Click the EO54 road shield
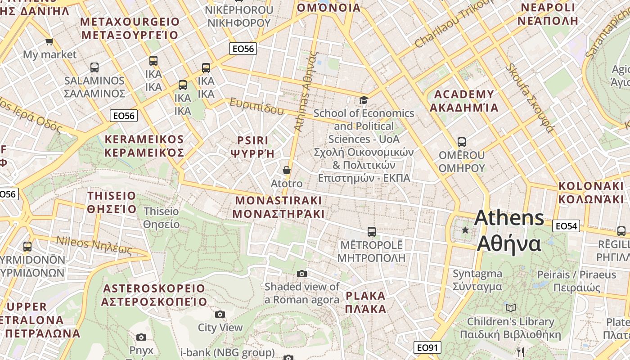tap(566, 226)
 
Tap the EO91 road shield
tap(427, 347)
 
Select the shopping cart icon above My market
tap(49, 41)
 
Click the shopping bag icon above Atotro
tap(286, 170)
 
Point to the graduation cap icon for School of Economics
tap(364, 100)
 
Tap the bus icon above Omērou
tap(461, 142)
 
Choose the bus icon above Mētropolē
tap(371, 232)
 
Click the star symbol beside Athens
tap(465, 230)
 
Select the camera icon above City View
tap(220, 314)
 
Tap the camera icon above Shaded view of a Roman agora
tap(302, 274)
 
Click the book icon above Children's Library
tap(510, 308)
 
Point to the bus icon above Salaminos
tap(94, 67)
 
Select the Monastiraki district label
tap(279, 207)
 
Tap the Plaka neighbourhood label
tap(365, 302)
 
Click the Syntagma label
tap(477, 280)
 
